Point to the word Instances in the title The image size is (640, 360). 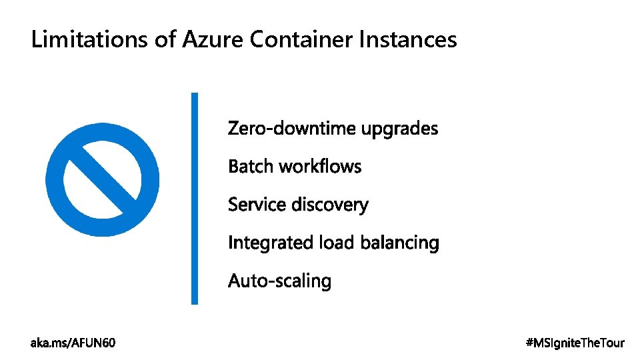(408, 40)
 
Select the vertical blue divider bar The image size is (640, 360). (195, 198)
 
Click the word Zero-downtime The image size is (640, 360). (292, 128)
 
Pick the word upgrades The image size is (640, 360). (400, 129)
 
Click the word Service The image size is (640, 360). (256, 205)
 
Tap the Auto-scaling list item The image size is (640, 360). (279, 281)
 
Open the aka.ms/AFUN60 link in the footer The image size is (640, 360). (73, 343)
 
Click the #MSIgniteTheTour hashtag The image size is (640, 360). (575, 343)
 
